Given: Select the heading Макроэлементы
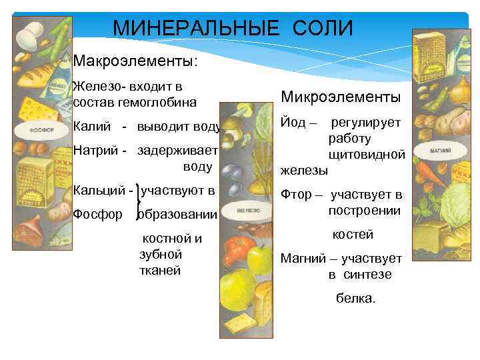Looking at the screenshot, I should tap(135, 61).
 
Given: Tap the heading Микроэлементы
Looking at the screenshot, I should tap(341, 97).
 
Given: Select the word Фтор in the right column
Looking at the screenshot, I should tap(293, 195).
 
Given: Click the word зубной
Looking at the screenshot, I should tap(161, 254).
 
